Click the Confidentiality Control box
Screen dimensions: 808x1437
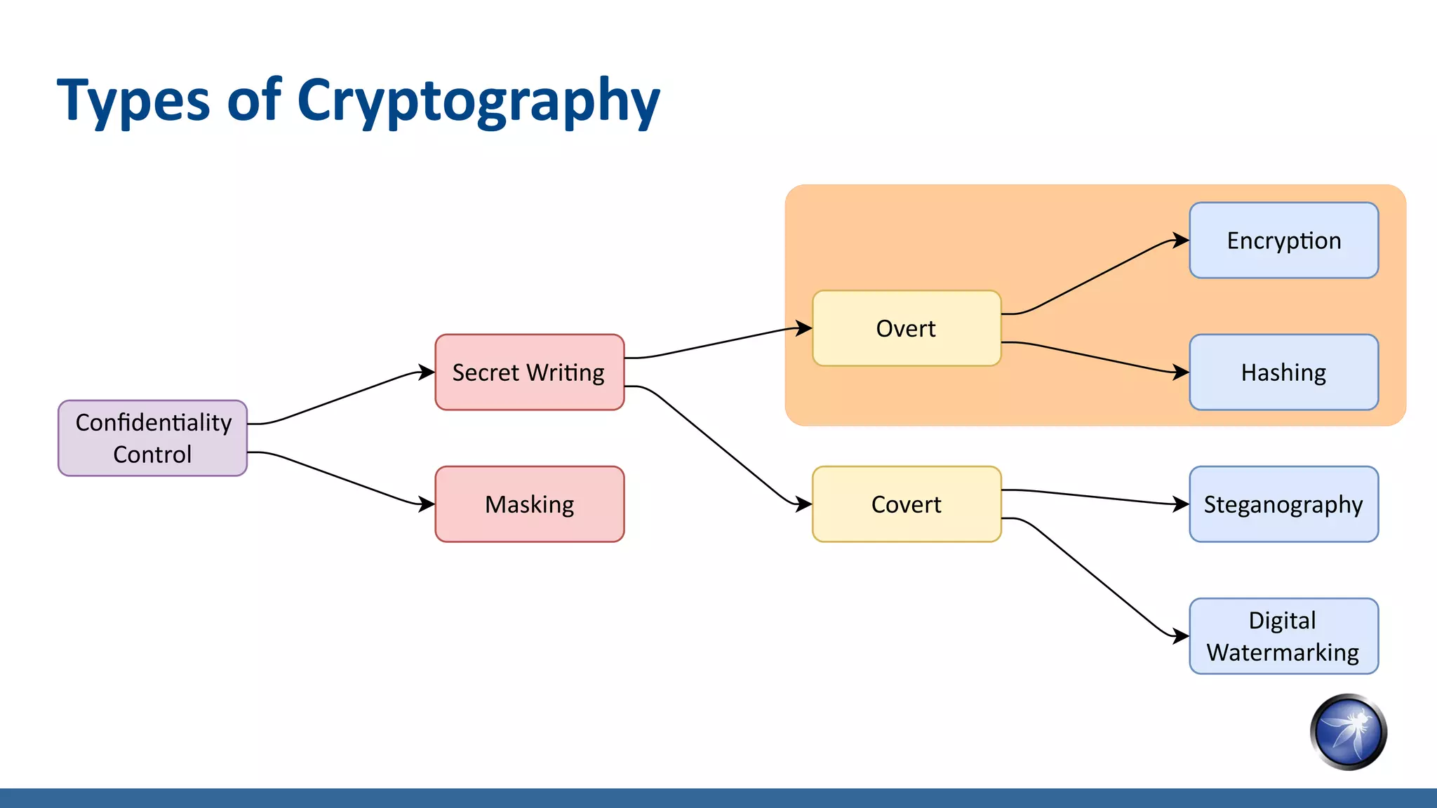pyautogui.click(x=152, y=438)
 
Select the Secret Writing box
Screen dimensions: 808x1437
pyautogui.click(x=529, y=372)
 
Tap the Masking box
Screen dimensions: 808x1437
pyautogui.click(x=529, y=504)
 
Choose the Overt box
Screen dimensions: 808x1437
pyautogui.click(x=906, y=328)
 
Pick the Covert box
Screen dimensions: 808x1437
pyautogui.click(x=906, y=504)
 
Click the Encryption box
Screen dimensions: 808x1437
pyautogui.click(x=1283, y=241)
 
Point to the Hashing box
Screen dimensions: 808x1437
pyautogui.click(x=1283, y=372)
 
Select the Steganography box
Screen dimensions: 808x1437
pyautogui.click(x=1283, y=504)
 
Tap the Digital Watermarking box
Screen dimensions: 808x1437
pyautogui.click(x=1283, y=636)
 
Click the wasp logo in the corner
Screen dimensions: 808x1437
pyautogui.click(x=1348, y=732)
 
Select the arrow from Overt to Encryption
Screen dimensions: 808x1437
pyautogui.click(x=1095, y=278)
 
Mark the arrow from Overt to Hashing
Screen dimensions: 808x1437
pyautogui.click(x=1095, y=356)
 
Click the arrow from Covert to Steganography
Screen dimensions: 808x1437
pyautogui.click(x=1095, y=497)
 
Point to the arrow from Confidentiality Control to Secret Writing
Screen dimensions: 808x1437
pyautogui.click(x=341, y=398)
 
